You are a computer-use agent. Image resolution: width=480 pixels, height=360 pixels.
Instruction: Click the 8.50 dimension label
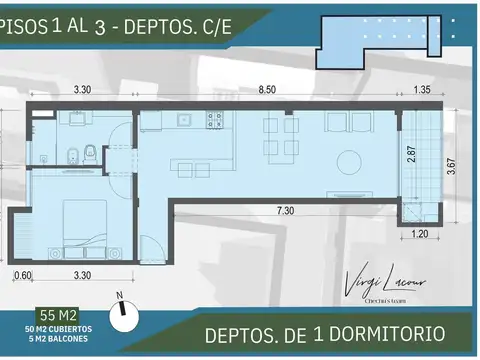tap(267, 90)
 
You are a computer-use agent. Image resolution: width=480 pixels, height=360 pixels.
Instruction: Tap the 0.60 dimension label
tap(24, 275)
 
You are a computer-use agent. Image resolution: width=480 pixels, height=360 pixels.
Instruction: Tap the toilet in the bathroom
tap(90, 152)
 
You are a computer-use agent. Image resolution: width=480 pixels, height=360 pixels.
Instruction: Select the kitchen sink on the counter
tap(182, 120)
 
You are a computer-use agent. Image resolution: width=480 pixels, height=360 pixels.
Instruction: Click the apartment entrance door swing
tap(150, 245)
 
